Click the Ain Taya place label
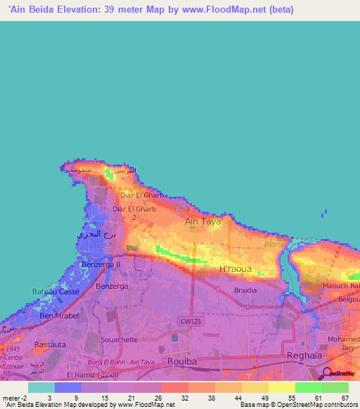click(x=202, y=221)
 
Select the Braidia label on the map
click(x=245, y=290)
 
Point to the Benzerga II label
click(x=101, y=264)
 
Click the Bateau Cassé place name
click(x=56, y=291)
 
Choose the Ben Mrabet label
click(x=59, y=316)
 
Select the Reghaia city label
click(x=304, y=356)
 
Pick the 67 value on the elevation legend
click(x=345, y=397)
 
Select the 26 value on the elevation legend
click(x=158, y=397)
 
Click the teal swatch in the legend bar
click(x=41, y=387)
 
